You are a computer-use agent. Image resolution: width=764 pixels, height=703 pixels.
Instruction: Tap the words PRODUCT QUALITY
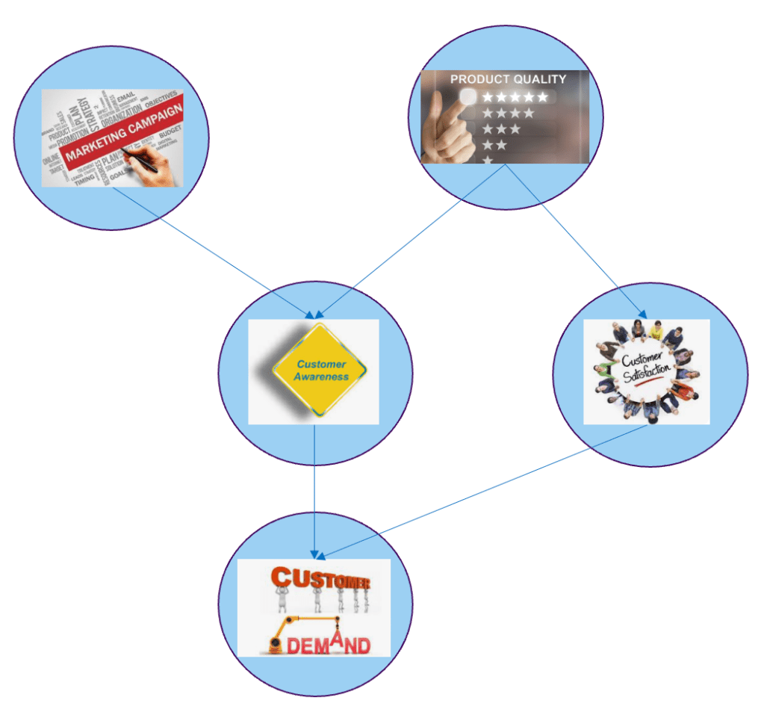(508, 78)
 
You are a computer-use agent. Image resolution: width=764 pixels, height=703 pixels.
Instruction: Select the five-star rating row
(515, 97)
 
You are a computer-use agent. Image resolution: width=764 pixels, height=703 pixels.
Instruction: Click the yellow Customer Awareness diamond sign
(320, 371)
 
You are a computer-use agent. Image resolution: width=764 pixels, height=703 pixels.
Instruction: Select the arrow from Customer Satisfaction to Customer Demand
(485, 490)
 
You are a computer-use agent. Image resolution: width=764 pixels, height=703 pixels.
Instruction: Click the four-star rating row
(508, 114)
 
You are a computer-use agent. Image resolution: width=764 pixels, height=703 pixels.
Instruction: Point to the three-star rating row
(501, 129)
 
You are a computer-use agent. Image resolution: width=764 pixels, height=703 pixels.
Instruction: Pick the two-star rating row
(494, 145)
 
